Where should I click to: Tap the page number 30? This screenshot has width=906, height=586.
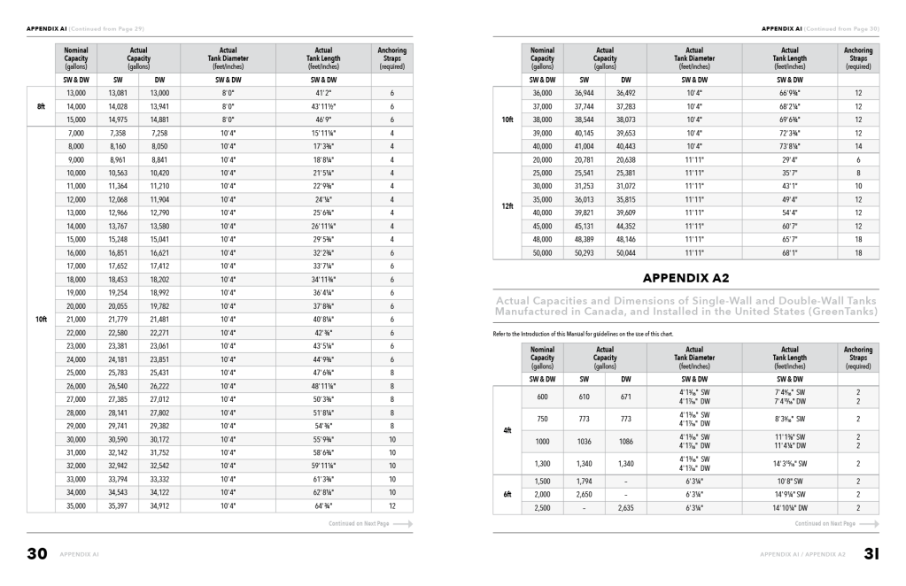point(36,555)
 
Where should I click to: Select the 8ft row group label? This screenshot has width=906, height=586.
point(41,106)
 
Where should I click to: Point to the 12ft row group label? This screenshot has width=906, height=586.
point(507,206)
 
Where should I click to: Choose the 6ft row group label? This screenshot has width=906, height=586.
point(507,494)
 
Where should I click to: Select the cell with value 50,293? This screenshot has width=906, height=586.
point(584,252)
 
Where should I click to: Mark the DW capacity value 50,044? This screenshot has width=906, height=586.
point(626,252)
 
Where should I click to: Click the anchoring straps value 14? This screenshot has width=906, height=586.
point(857,146)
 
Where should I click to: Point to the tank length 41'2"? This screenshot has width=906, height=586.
point(323,93)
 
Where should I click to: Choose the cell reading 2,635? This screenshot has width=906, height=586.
point(626,507)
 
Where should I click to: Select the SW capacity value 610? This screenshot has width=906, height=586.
point(584,397)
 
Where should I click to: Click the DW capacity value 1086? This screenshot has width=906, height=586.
point(626,440)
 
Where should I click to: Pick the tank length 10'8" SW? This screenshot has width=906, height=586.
point(790,481)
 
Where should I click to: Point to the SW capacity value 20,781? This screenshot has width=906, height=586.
point(584,159)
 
